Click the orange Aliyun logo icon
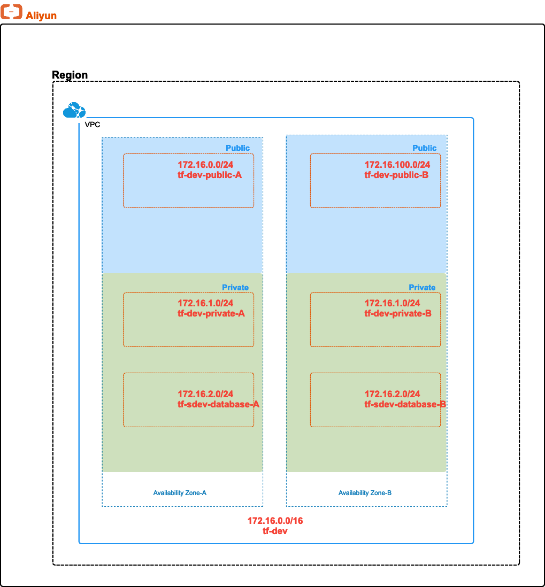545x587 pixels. [x=11, y=12]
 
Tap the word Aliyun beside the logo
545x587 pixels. [x=41, y=16]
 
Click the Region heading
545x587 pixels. [x=70, y=75]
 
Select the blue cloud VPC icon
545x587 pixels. [x=74, y=110]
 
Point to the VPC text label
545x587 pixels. [x=93, y=125]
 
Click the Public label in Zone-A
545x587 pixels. [x=237, y=148]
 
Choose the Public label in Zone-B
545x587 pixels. [x=424, y=148]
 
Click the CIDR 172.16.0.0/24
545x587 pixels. [x=205, y=165]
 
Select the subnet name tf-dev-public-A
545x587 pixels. [x=210, y=174]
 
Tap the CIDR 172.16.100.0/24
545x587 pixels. [x=397, y=165]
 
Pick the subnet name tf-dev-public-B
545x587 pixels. [x=396, y=174]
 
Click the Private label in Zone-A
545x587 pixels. [x=235, y=287]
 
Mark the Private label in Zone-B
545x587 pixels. [x=422, y=287]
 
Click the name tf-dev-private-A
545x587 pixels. [x=211, y=313]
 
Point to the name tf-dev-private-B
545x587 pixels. [x=398, y=313]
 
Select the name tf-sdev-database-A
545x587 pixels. [x=218, y=404]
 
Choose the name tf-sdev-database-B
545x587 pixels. [x=405, y=404]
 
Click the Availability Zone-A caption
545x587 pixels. [x=180, y=492]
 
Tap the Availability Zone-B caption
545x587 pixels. [x=365, y=492]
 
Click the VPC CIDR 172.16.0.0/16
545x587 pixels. [x=275, y=521]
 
